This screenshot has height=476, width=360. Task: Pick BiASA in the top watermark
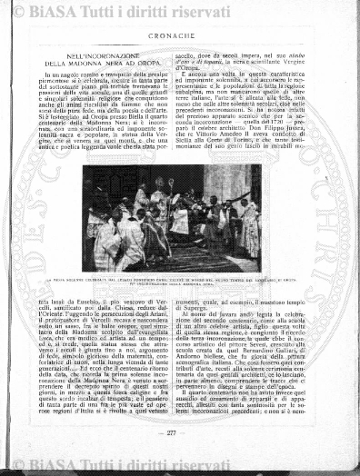coord(56,9)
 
